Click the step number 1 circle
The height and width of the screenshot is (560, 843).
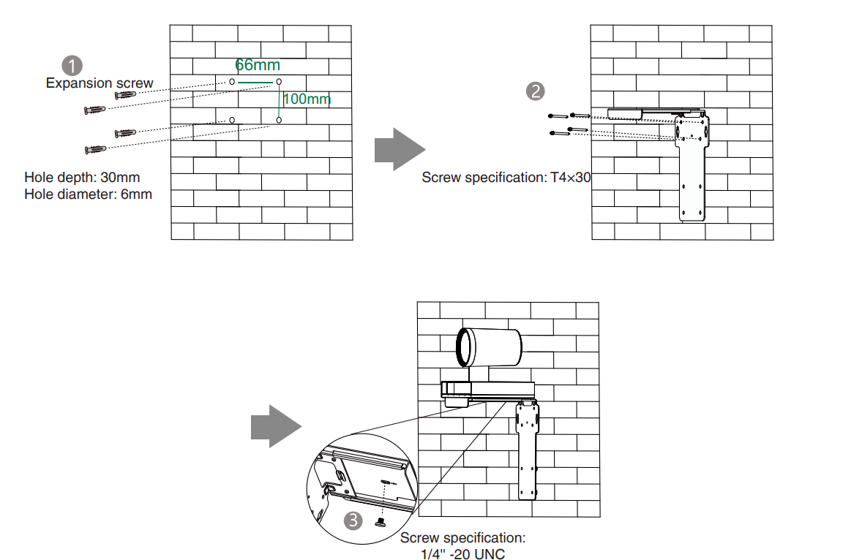(x=72, y=66)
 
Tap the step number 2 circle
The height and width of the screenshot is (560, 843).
(x=535, y=91)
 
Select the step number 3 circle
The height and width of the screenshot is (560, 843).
(x=353, y=520)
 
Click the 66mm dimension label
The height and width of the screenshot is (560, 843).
(x=258, y=65)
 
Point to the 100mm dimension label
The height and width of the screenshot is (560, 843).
(x=307, y=99)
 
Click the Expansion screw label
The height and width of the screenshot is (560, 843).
(x=100, y=83)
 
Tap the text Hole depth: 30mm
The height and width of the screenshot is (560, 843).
(x=82, y=177)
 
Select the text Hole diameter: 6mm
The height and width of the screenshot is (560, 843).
(x=88, y=194)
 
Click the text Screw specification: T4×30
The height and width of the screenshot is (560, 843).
(x=506, y=177)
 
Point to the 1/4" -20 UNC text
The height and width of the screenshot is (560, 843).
(x=462, y=554)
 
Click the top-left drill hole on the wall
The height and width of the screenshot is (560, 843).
(x=232, y=82)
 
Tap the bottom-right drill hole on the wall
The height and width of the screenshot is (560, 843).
(x=279, y=120)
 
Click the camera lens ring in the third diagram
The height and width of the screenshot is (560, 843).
(x=462, y=347)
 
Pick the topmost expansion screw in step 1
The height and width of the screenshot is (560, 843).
(x=125, y=95)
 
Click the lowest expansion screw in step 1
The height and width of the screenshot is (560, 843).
(x=95, y=149)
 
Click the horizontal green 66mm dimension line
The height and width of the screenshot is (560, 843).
(x=255, y=82)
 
